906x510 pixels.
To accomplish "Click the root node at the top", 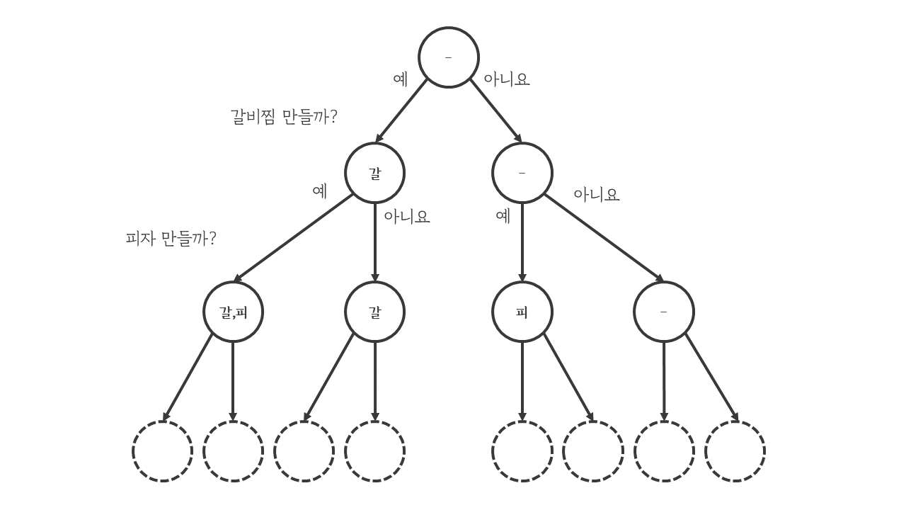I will (x=449, y=57).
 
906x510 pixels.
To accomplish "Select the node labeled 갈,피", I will (x=233, y=312).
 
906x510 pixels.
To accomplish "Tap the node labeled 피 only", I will (x=522, y=312).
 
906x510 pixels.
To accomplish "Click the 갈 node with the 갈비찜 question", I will (x=375, y=173).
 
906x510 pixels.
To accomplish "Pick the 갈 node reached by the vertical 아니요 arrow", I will (x=375, y=312).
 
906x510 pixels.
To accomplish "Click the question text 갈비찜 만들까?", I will (x=284, y=116).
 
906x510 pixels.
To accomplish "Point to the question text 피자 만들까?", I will (x=171, y=238).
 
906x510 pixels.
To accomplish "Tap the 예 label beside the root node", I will (x=401, y=79).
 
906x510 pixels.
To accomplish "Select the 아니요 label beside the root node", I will (x=506, y=79).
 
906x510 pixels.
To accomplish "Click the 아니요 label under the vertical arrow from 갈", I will (x=407, y=216).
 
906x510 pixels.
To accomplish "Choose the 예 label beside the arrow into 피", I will (x=503, y=216).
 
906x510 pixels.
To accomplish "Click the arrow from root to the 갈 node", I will (x=401, y=110).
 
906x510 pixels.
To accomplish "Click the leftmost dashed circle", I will (x=163, y=451).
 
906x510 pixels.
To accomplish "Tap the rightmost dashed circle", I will (x=735, y=451).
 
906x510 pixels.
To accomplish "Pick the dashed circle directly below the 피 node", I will (x=522, y=451).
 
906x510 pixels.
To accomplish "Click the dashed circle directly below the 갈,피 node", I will (x=233, y=451).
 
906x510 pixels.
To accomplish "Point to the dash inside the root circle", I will (x=449, y=57).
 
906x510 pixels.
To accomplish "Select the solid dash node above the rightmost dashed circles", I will (x=664, y=312).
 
